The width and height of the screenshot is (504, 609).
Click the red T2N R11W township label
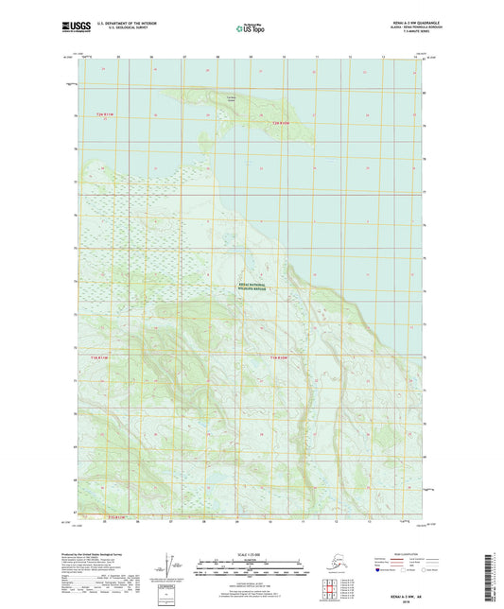[x=103, y=114]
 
